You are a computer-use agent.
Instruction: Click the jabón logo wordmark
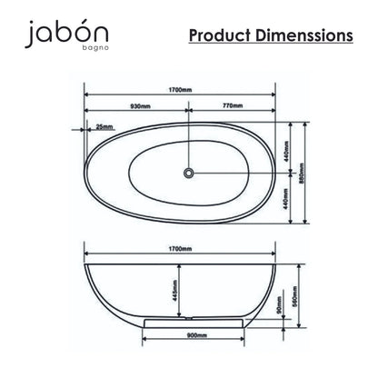(66, 33)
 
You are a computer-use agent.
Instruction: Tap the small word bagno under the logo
(95, 48)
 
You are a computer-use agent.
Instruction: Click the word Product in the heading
(220, 35)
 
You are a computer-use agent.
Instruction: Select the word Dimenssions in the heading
(304, 35)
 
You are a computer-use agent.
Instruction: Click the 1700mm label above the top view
(180, 90)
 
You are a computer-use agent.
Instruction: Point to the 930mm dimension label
(140, 106)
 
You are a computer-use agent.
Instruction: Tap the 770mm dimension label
(233, 105)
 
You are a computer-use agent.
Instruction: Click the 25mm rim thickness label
(104, 127)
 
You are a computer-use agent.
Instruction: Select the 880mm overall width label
(301, 174)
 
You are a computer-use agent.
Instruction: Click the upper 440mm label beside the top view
(286, 152)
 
